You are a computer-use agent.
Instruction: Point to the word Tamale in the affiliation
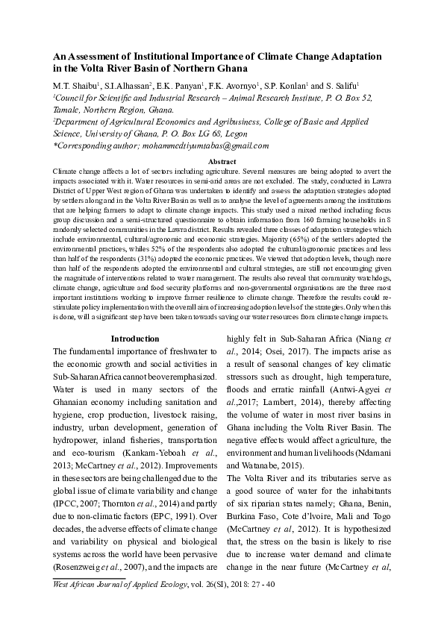coord(66,108)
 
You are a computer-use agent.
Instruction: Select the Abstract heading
coord(222,162)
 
